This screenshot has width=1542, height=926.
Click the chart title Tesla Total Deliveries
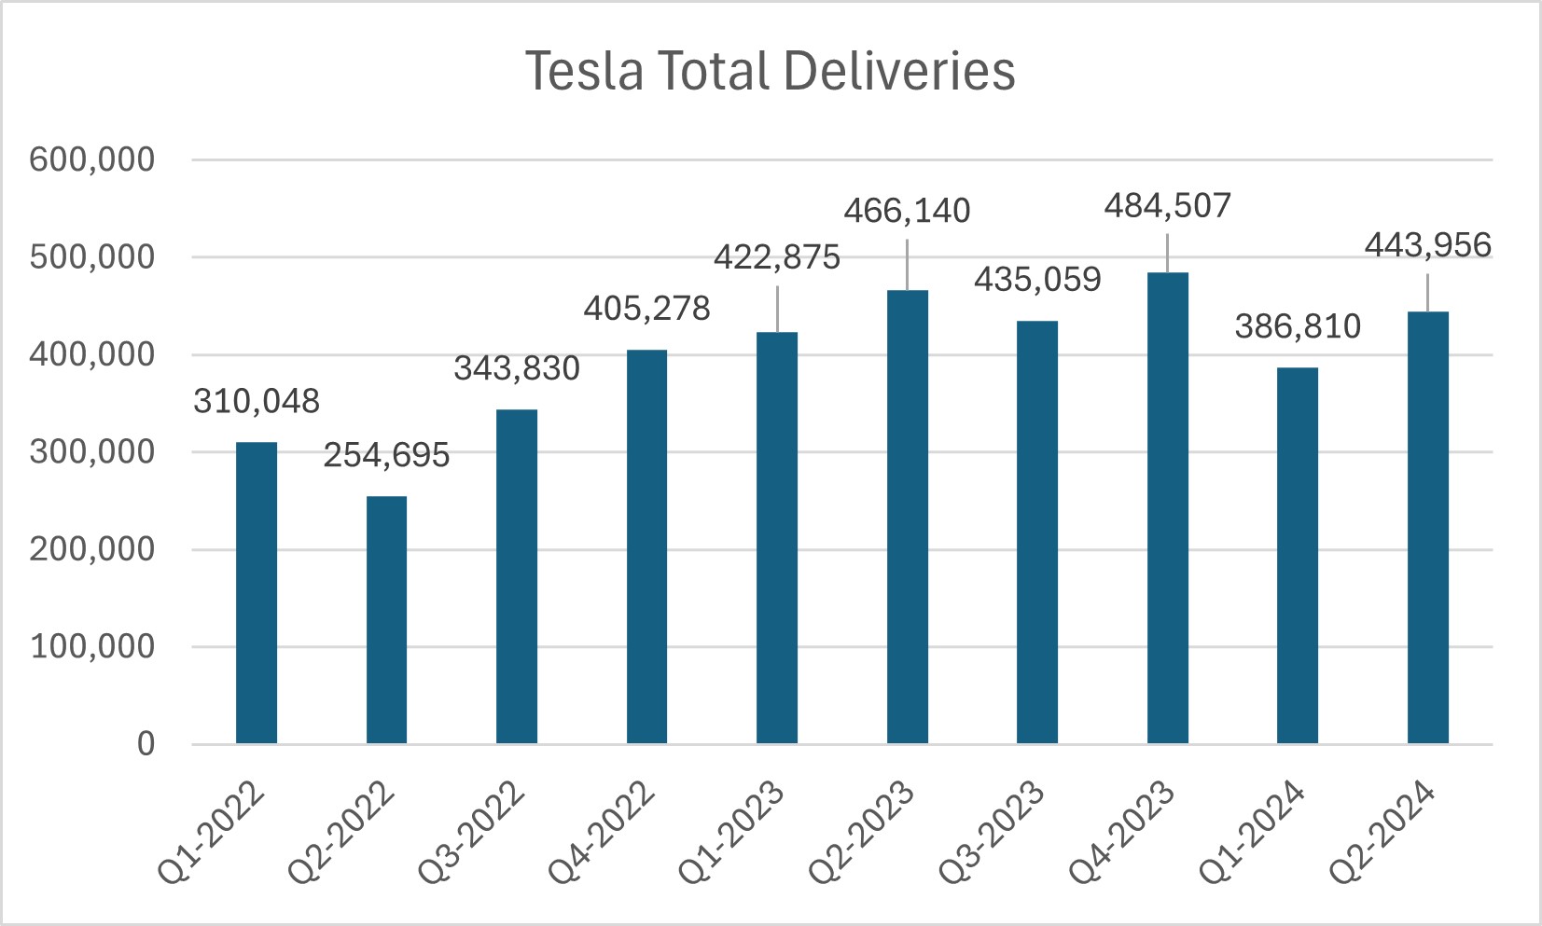pos(770,71)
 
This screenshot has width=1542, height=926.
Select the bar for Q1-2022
pos(257,592)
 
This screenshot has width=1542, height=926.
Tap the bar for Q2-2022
pos(386,619)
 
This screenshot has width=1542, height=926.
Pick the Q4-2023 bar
pos(1167,507)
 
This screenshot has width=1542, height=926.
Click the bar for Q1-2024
pos(1297,555)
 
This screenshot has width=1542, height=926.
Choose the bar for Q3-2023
pos(1037,532)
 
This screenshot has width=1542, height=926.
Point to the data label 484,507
pos(1167,206)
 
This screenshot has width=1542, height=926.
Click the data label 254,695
pos(386,455)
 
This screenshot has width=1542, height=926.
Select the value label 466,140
pos(907,211)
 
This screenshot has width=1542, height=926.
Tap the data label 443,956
pos(1427,245)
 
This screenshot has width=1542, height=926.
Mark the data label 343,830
pos(517,368)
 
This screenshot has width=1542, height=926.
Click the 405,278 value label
pos(646,308)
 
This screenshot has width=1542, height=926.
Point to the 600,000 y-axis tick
pos(91,159)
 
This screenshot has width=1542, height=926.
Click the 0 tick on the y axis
pos(146,743)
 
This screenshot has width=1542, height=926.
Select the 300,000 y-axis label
pos(91,452)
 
